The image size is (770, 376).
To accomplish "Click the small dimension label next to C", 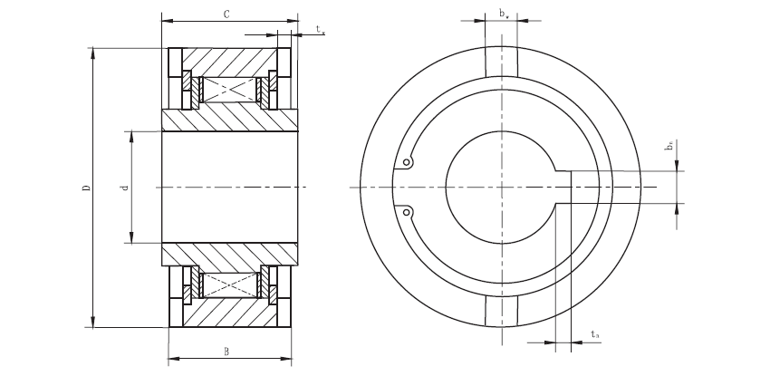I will coord(321,31).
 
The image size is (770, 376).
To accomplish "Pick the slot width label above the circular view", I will coord(503,13).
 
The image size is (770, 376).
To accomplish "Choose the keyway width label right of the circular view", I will coord(668,145).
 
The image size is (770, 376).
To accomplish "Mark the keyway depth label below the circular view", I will coord(594,334).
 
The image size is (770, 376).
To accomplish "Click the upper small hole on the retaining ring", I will coord(408,164).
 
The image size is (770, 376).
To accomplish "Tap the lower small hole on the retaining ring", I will coord(408,212).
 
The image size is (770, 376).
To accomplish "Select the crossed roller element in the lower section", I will coord(226,284).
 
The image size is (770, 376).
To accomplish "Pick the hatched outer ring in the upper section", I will coord(226,61).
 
